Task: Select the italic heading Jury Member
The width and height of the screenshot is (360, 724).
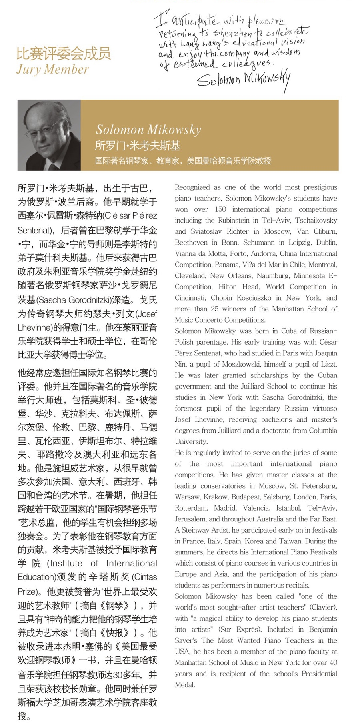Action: [x=52, y=70]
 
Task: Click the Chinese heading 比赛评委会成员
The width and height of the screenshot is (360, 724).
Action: [x=63, y=54]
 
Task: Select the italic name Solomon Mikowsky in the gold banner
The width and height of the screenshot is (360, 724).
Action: [x=148, y=130]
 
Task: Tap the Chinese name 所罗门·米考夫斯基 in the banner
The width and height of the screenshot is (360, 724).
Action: [x=138, y=146]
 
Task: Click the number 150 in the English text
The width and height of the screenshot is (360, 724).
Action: [x=220, y=209]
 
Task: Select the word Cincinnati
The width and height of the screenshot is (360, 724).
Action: [x=190, y=298]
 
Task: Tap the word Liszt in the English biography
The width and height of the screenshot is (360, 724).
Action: [x=328, y=364]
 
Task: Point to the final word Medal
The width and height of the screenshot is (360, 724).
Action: [x=185, y=685]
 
